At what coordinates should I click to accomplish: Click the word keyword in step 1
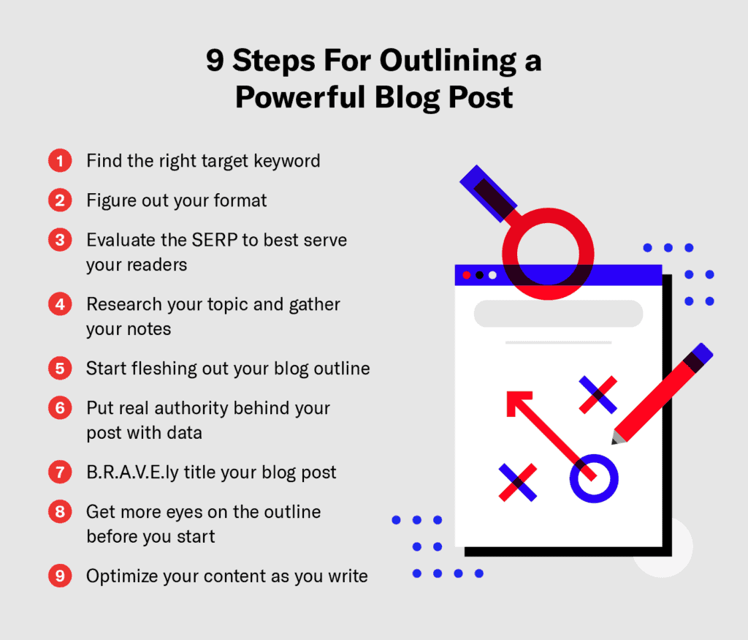pyautogui.click(x=285, y=161)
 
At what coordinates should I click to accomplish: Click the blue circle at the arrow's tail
pyautogui.click(x=593, y=479)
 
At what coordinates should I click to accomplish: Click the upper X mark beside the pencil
pyautogui.click(x=598, y=395)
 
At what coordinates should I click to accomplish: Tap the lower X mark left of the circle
pyautogui.click(x=517, y=482)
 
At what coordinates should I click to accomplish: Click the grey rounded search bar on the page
pyautogui.click(x=558, y=313)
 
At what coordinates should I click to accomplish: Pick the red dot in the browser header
pyautogui.click(x=466, y=275)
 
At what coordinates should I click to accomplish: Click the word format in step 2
pyautogui.click(x=234, y=200)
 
